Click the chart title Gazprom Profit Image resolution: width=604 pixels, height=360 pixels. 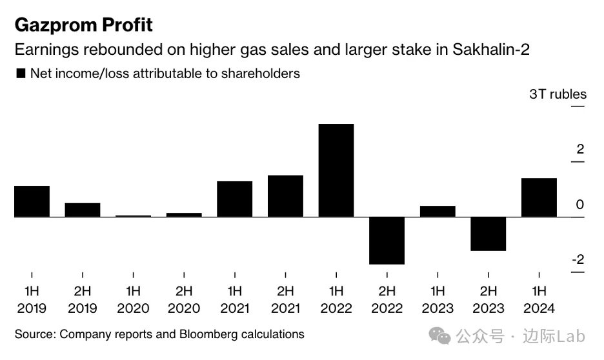83,25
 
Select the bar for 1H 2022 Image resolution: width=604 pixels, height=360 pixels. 336,170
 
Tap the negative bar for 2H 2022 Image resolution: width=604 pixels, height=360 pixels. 387,240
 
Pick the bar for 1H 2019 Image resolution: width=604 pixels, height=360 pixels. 32,201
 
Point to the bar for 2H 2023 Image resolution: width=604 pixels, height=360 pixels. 488,234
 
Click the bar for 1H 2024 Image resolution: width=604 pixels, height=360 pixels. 539,197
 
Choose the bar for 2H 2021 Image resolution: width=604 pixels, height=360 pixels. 285,196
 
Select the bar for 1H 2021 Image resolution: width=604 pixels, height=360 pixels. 234,199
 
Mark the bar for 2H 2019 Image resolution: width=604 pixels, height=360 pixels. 83,210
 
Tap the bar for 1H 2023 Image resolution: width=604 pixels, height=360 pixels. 438,211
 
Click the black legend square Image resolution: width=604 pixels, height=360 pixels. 21,74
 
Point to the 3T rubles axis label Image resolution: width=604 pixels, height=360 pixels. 558,94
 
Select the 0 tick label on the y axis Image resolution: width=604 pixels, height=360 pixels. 579,205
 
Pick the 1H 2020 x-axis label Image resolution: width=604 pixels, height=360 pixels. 133,299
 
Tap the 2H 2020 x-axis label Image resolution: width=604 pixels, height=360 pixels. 184,299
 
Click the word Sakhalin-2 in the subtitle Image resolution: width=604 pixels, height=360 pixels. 495,50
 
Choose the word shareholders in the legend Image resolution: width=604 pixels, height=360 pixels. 259,74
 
